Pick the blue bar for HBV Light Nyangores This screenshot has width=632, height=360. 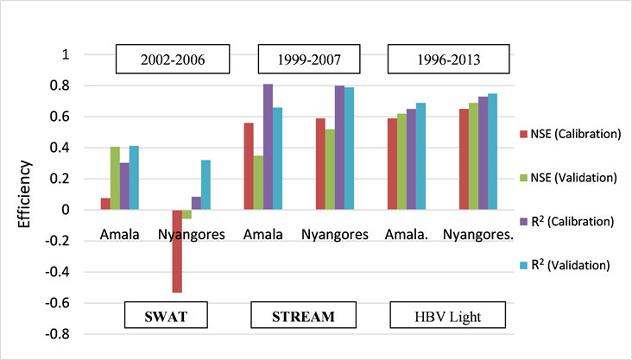492,151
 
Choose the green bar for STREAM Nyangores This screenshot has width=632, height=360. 329,169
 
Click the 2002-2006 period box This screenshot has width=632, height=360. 174,61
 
